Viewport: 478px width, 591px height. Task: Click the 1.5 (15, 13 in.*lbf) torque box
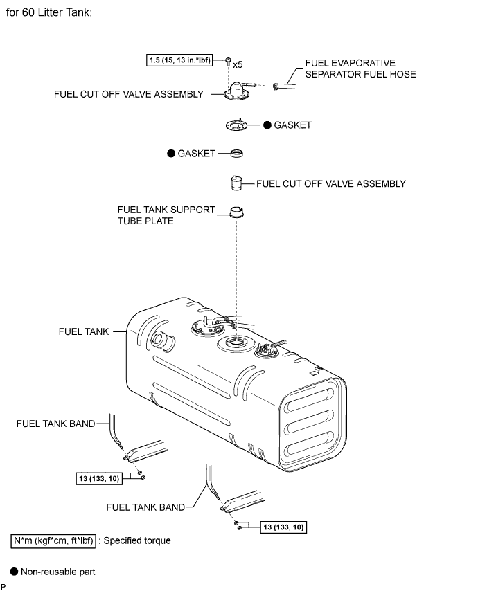pos(179,60)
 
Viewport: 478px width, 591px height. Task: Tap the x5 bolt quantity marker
pos(238,65)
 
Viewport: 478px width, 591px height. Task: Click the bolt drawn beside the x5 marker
pos(228,61)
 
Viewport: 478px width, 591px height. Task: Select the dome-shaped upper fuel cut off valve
pos(238,91)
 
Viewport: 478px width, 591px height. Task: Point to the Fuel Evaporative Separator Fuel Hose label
pos(360,69)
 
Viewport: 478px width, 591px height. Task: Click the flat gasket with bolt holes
pos(236,125)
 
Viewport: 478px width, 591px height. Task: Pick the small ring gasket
pos(236,154)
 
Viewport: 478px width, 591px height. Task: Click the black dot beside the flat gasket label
pos(267,125)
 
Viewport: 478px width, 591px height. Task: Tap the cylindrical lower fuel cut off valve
pos(236,183)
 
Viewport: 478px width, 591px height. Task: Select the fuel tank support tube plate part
pos(236,212)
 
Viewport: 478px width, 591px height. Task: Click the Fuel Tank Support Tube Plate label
pos(166,215)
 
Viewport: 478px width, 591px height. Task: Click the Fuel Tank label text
pos(84,331)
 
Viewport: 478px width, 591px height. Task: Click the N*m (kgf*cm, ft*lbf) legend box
pos(53,541)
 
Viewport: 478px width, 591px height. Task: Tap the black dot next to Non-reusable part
pos(14,572)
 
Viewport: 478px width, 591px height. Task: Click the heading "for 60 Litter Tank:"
pos(49,12)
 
